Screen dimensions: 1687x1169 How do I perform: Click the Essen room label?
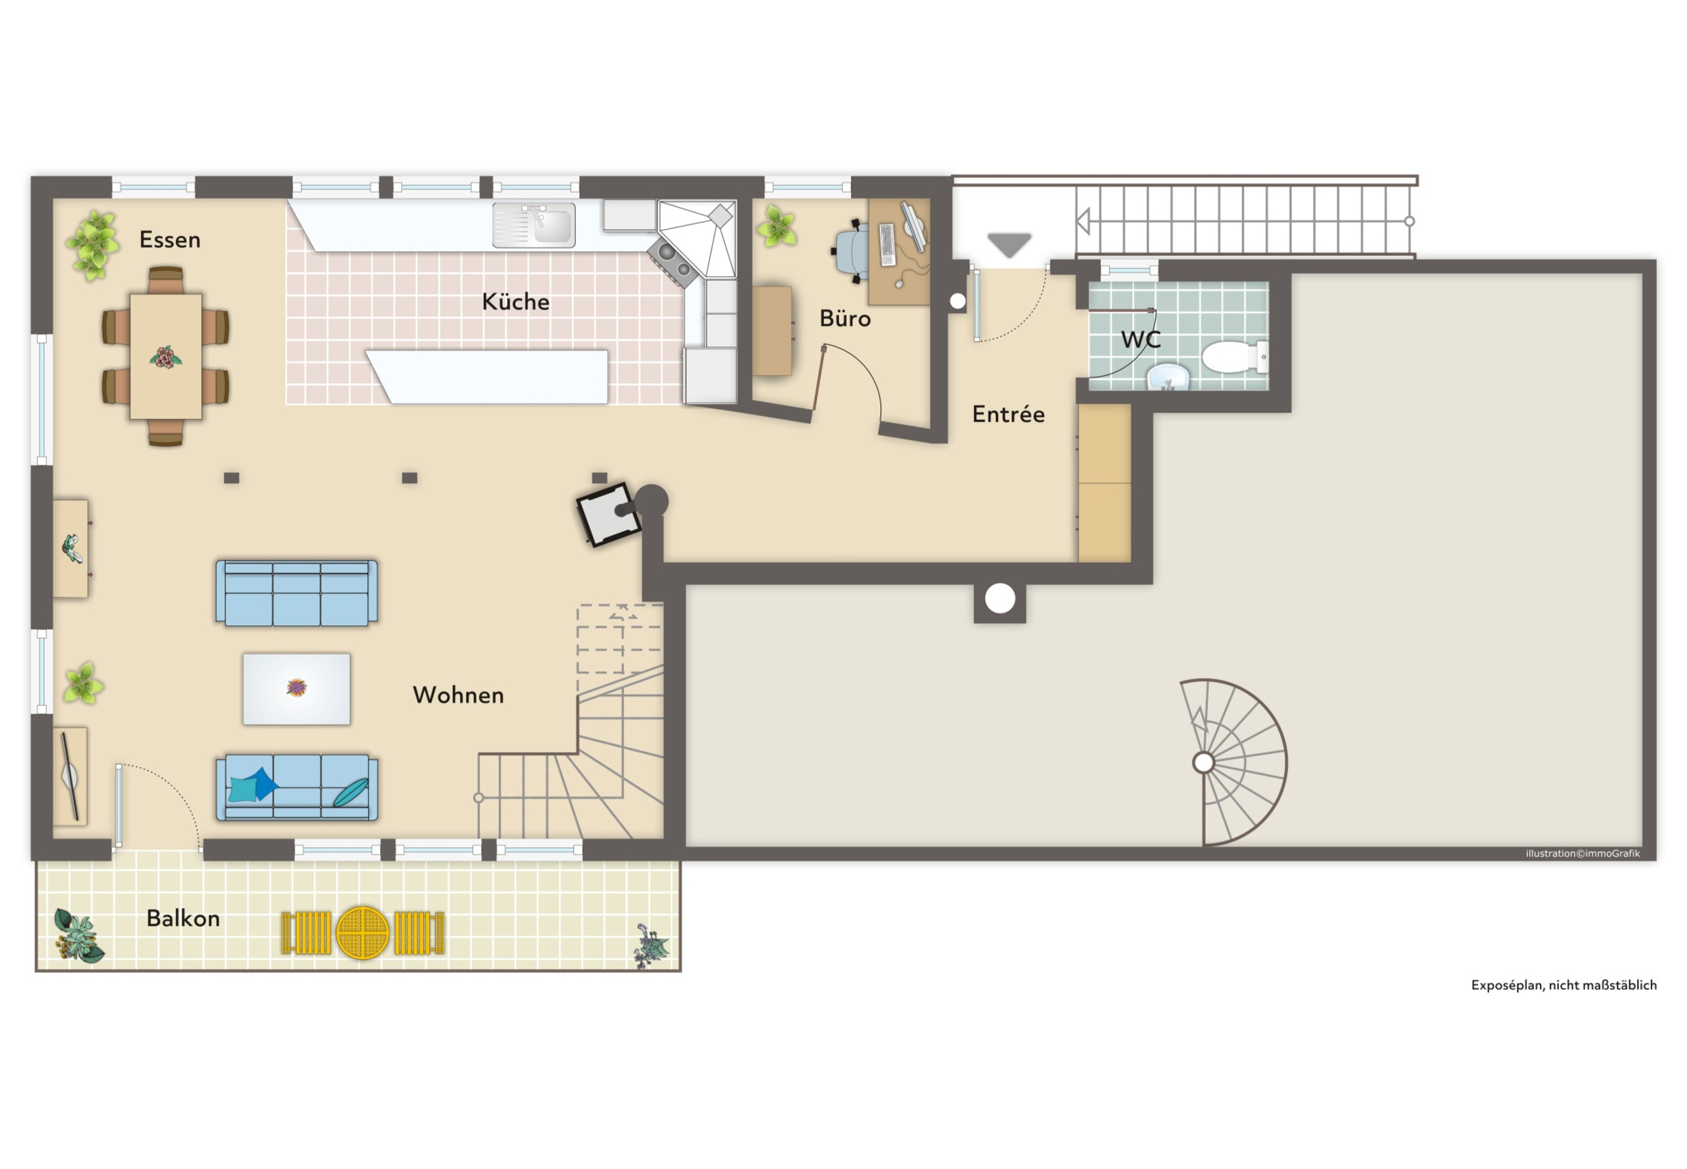[170, 240]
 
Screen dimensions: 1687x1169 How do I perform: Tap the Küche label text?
[516, 301]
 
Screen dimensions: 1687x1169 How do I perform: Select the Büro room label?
[845, 318]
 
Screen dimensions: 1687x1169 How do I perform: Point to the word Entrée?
[1008, 414]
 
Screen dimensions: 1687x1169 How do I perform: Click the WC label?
[1141, 339]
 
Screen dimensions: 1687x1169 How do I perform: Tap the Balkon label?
[183, 918]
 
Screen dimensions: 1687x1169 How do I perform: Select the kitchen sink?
[534, 225]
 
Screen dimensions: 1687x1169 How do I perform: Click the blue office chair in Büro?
[852, 250]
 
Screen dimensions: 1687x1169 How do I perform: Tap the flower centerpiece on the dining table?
[165, 357]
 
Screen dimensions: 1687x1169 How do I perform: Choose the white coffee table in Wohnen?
[297, 689]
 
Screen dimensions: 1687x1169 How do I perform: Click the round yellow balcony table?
[363, 933]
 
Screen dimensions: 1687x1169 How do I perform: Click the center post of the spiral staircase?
[1203, 763]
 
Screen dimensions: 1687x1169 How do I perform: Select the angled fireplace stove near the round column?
[608, 514]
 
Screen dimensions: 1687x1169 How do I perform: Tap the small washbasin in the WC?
[1168, 377]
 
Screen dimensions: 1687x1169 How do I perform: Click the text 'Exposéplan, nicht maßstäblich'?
[1564, 985]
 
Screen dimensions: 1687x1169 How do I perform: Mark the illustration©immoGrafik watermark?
[1583, 853]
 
